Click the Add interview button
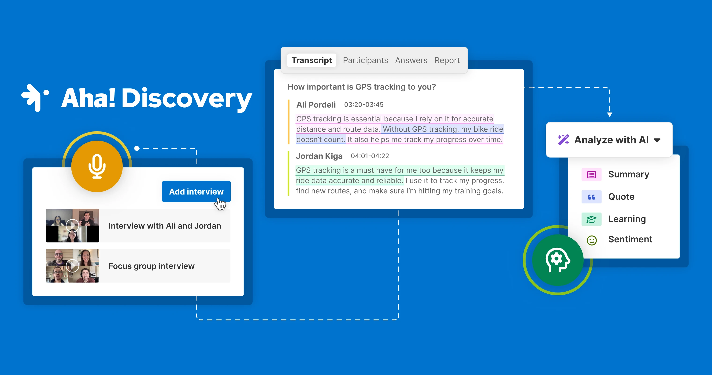point(196,191)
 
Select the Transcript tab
point(311,60)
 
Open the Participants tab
point(365,60)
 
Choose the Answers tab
point(411,60)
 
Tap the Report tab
point(447,60)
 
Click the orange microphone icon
point(97,166)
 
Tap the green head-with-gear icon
point(557,260)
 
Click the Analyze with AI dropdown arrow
point(657,140)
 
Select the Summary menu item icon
point(591,175)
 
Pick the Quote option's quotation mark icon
point(591,197)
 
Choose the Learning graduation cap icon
point(591,219)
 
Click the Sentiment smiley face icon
point(591,240)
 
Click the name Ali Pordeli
point(316,105)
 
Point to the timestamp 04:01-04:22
point(370,156)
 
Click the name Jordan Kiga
point(319,156)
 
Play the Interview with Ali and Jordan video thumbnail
point(72,226)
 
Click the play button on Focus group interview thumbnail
point(72,266)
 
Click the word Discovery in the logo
point(187,98)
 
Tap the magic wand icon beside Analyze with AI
point(563,140)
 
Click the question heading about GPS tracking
point(361,87)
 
